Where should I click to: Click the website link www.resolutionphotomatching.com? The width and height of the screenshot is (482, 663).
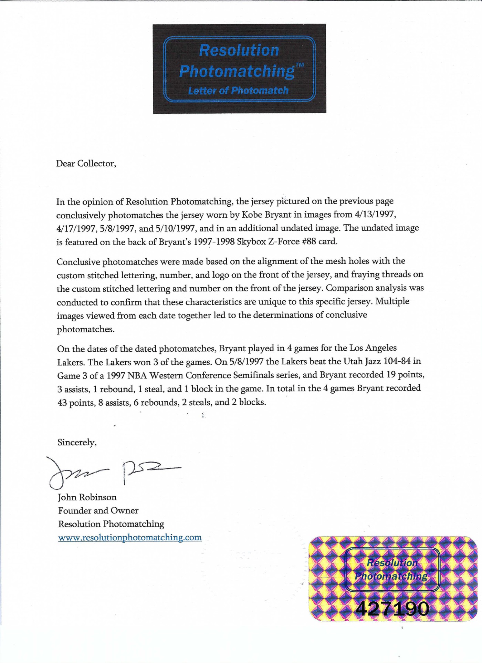[x=130, y=538]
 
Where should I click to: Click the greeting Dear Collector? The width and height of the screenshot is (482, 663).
[x=86, y=164]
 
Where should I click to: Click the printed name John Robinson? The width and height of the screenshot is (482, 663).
[x=87, y=497]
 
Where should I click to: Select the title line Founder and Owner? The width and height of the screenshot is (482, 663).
[x=98, y=511]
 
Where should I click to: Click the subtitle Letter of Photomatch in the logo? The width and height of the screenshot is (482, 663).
[x=238, y=91]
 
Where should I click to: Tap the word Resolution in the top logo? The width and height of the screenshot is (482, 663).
[x=239, y=50]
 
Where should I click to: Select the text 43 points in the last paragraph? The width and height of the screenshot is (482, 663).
[x=76, y=403]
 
